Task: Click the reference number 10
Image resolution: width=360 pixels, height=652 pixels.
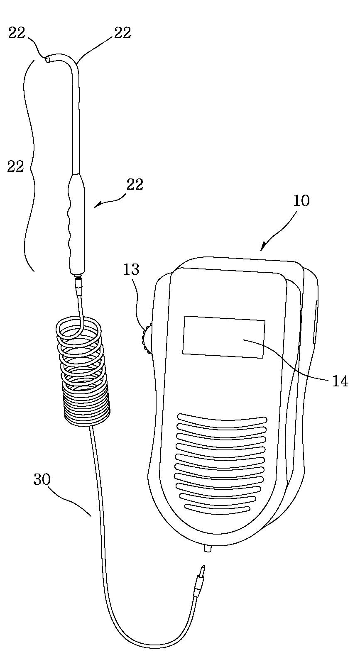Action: coord(301,201)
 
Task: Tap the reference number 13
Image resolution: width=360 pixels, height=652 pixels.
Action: coord(131,269)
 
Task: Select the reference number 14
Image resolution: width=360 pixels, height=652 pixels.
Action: coord(340,381)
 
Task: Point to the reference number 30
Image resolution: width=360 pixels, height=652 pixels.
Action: coord(42,480)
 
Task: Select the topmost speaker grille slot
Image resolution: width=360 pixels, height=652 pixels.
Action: coord(223,419)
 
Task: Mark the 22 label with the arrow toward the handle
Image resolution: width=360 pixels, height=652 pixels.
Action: coord(135,184)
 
